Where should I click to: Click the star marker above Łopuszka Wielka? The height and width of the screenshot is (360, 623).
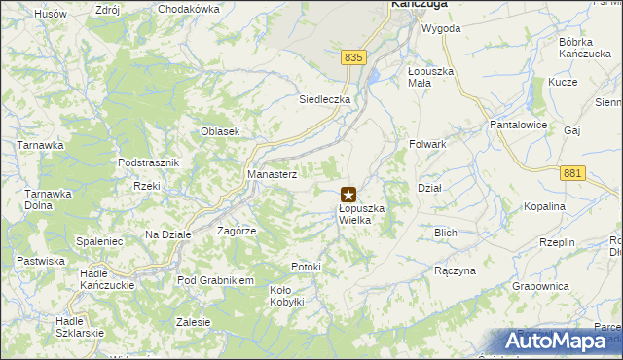(348, 195)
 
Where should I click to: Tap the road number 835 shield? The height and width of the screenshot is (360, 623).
(353, 58)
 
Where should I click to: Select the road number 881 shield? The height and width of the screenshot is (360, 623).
(573, 173)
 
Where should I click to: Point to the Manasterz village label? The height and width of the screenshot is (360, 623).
(272, 173)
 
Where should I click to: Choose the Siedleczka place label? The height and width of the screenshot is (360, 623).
(324, 99)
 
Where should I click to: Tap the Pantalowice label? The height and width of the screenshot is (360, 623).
(520, 126)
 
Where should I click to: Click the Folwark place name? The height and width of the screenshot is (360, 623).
(427, 144)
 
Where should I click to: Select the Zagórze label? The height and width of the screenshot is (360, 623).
(237, 232)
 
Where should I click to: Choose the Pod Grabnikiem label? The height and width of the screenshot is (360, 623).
(215, 280)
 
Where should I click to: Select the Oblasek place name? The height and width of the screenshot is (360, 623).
(220, 132)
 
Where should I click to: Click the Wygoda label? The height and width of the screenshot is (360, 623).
(440, 28)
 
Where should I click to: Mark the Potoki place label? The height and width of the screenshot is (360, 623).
(306, 267)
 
